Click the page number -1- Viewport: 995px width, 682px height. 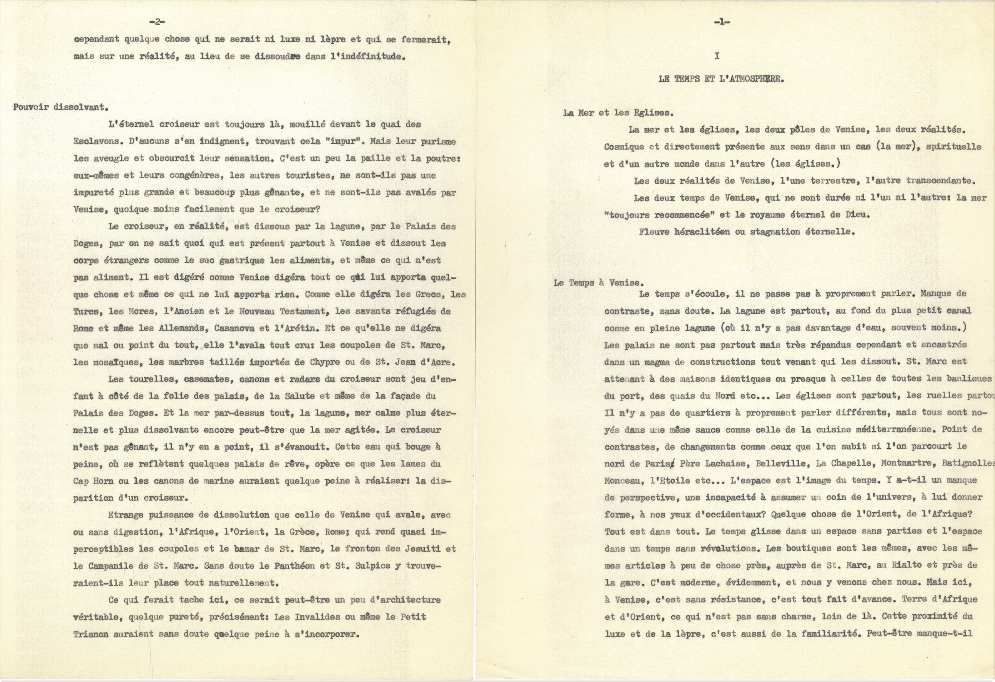[x=722, y=23]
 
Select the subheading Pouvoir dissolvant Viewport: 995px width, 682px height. [x=60, y=107]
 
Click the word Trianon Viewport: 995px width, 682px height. [x=91, y=634]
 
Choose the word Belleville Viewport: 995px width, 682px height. [x=768, y=463]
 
